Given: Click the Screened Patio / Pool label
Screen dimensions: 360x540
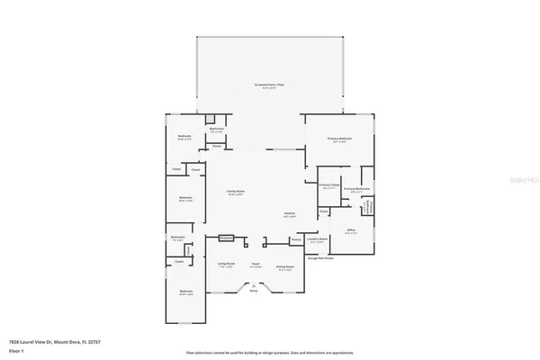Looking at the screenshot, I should pos(268,85).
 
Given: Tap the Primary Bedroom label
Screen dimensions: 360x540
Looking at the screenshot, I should pos(339,139).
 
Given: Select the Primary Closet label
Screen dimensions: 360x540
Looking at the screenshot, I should pos(328,184).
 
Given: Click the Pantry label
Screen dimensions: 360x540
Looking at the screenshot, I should pos(295,239).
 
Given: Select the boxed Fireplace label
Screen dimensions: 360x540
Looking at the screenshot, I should pos(226,238).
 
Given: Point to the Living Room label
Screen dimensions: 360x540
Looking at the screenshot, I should pos(226,264).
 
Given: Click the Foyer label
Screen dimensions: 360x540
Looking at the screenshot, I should pos(256,264).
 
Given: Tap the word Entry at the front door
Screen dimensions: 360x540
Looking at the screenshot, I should pos(253,291).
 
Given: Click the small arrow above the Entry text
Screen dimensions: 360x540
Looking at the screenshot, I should pos(253,284).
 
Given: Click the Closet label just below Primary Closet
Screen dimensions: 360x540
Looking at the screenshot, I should pos(323,211).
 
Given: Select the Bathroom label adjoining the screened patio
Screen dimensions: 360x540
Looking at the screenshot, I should pos(216,129).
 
